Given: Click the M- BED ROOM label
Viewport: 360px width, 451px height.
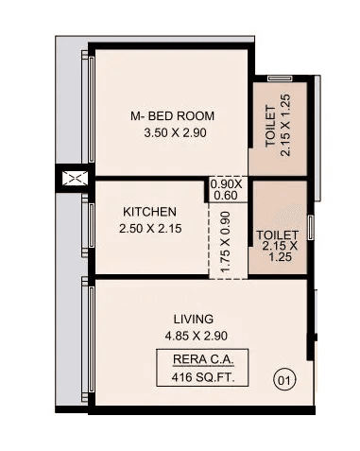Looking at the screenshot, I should pyautogui.click(x=172, y=116).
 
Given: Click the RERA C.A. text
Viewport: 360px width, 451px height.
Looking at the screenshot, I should pyautogui.click(x=198, y=360).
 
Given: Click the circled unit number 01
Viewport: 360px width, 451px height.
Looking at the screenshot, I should pyautogui.click(x=283, y=381).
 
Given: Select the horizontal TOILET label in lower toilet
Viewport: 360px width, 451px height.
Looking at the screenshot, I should pyautogui.click(x=278, y=234).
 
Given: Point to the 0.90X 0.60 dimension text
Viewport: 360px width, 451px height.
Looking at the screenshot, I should pyautogui.click(x=224, y=190).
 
